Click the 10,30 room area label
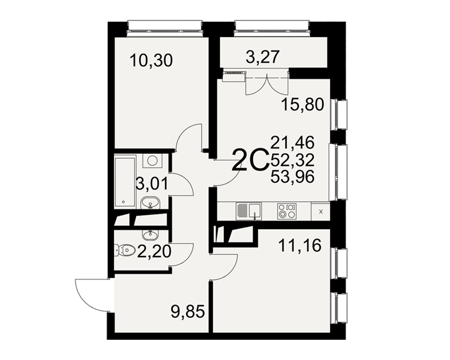(x=151, y=61)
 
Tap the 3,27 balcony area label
(x=263, y=57)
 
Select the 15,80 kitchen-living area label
(x=302, y=104)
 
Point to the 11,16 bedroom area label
(x=300, y=246)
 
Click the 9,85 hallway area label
(x=188, y=312)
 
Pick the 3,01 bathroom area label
(x=152, y=184)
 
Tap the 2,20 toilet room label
(x=154, y=252)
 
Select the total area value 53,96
(x=292, y=176)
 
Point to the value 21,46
(x=292, y=143)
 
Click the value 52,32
(x=292, y=160)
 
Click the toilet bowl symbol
(x=126, y=250)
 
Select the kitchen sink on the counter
(x=248, y=211)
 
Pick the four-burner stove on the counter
(x=287, y=211)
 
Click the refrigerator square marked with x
(x=321, y=212)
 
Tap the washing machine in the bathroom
(x=152, y=160)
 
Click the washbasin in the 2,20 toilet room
(x=150, y=235)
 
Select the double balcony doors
(x=267, y=84)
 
